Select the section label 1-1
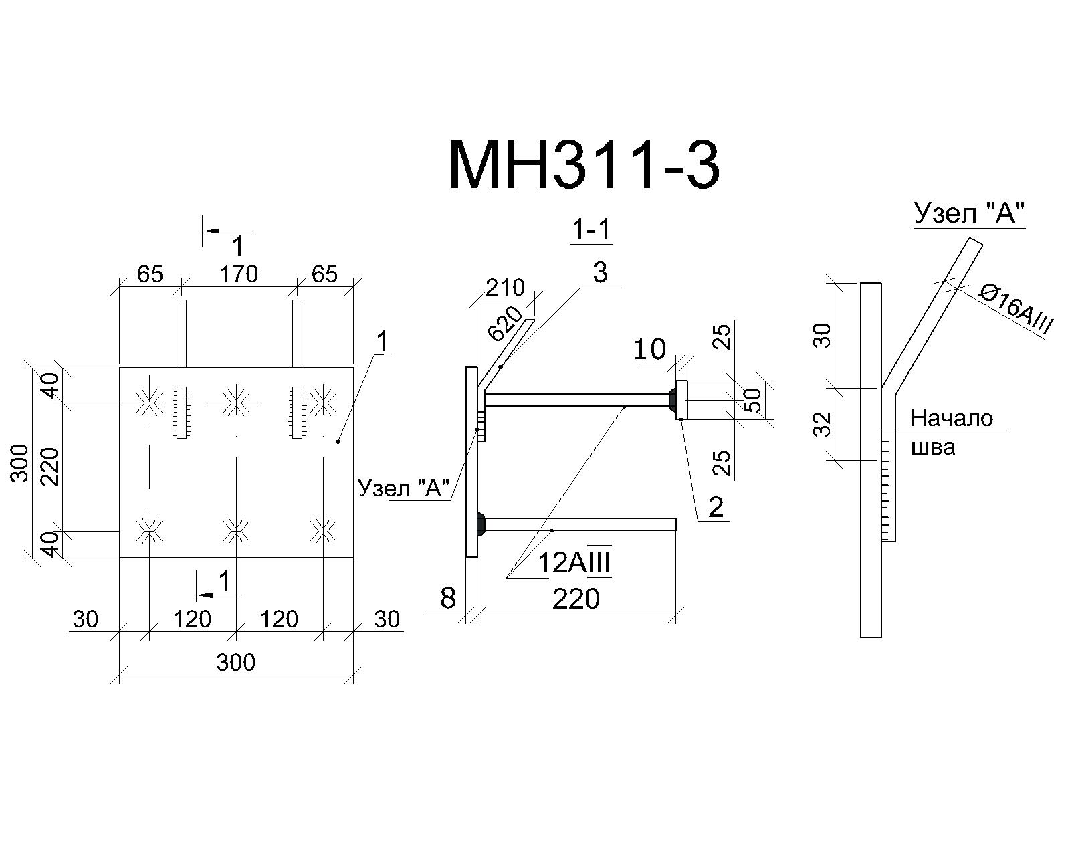[x=591, y=230]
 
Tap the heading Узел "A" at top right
[x=970, y=213]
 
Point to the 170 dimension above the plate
[x=239, y=274]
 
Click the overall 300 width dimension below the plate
[x=235, y=663]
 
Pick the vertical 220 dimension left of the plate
[x=50, y=467]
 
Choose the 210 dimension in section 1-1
[x=505, y=288]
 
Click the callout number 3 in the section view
[x=600, y=273]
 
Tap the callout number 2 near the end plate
[x=716, y=508]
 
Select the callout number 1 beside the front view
[x=382, y=342]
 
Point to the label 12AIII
[x=574, y=563]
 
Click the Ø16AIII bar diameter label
[x=1016, y=310]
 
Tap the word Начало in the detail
[x=952, y=418]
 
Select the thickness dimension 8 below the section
[x=448, y=598]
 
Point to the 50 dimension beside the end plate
[x=754, y=401]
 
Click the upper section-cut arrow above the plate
[x=229, y=231]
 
